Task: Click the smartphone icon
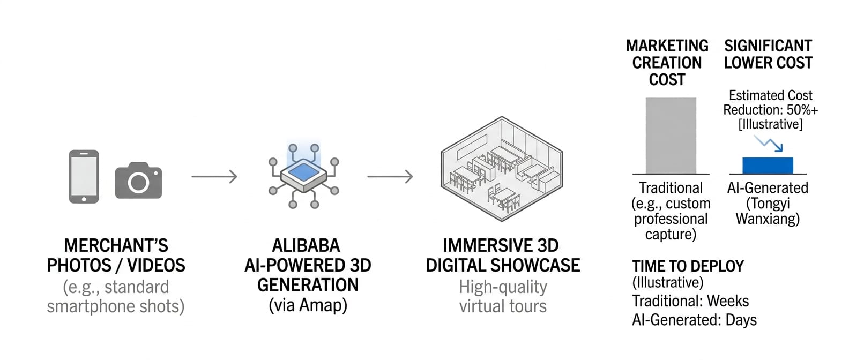pos(84,176)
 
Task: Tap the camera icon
pos(138,181)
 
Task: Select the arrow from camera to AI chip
pos(214,176)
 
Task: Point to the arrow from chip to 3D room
pos(390,176)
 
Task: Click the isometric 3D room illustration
pos(501,169)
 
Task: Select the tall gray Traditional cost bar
pos(671,136)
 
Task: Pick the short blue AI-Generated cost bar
pos(768,166)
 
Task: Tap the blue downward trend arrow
pos(769,143)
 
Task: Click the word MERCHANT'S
pos(116,245)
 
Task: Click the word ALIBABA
pos(306,245)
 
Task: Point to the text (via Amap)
pos(308,305)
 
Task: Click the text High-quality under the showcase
pos(503,287)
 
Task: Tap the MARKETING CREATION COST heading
pos(667,63)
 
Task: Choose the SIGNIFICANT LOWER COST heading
pos(768,54)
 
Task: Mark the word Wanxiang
pos(768,219)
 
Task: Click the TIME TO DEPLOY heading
pos(688,266)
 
